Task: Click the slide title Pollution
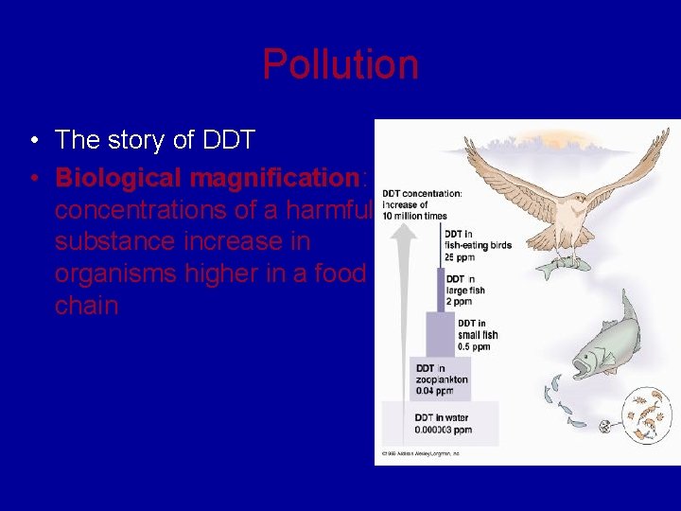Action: (x=340, y=64)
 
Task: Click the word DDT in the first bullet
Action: (x=228, y=141)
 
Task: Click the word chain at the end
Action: (x=86, y=306)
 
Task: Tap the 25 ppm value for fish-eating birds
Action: (x=459, y=257)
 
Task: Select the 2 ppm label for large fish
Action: (x=461, y=300)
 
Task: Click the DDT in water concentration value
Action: (x=443, y=430)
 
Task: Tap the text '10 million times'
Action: (x=414, y=216)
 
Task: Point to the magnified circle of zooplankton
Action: (x=642, y=416)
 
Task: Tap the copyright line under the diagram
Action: (x=420, y=453)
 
